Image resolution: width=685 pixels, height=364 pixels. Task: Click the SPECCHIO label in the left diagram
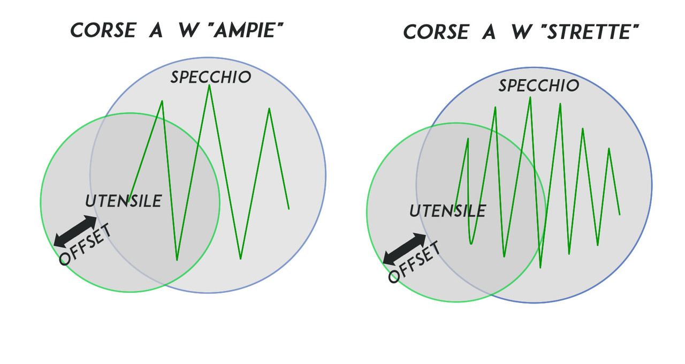pos(211,77)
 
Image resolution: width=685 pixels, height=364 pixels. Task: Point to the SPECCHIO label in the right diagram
pos(539,86)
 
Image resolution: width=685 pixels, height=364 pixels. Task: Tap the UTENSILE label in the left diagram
pos(123,201)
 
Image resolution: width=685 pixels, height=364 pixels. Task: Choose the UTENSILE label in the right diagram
pos(447,211)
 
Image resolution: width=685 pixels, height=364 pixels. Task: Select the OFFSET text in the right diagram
pos(414,262)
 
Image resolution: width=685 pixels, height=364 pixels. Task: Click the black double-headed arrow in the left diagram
pos(75,231)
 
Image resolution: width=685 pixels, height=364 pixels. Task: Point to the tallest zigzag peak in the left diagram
pos(209,86)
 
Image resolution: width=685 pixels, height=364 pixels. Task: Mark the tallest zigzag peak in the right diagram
pos(530,97)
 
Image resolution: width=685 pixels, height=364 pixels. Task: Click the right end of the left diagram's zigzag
pos(289,209)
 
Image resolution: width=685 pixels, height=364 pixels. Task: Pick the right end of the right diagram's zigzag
pos(620,215)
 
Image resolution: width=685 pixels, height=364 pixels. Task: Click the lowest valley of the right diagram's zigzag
pos(541,267)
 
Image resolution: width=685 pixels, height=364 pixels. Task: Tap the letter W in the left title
pos(186,31)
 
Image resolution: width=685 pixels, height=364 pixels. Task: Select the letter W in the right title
pos(520,32)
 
